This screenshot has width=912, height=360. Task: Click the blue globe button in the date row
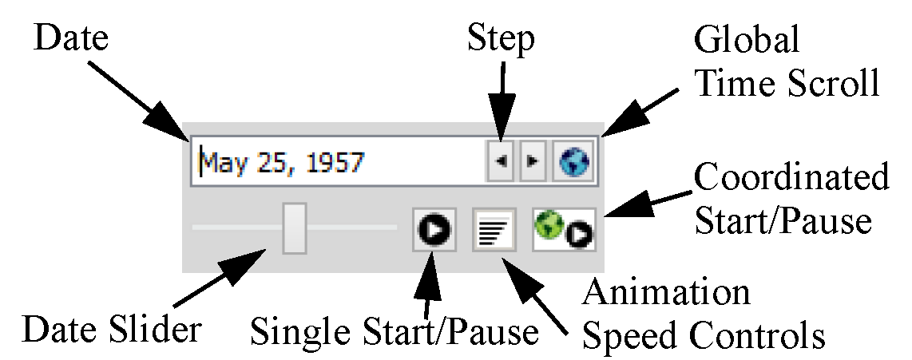coord(574,163)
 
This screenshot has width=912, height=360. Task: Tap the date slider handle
coord(295,227)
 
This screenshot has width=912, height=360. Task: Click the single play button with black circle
coord(434,231)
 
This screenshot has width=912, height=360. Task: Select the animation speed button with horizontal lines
coord(493,231)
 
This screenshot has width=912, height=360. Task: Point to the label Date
coord(71,39)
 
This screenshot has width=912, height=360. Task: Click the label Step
coord(501,39)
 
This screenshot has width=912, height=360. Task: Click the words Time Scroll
coord(786,82)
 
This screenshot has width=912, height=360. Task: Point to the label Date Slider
coord(112,328)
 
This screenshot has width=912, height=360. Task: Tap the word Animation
coord(666,294)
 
